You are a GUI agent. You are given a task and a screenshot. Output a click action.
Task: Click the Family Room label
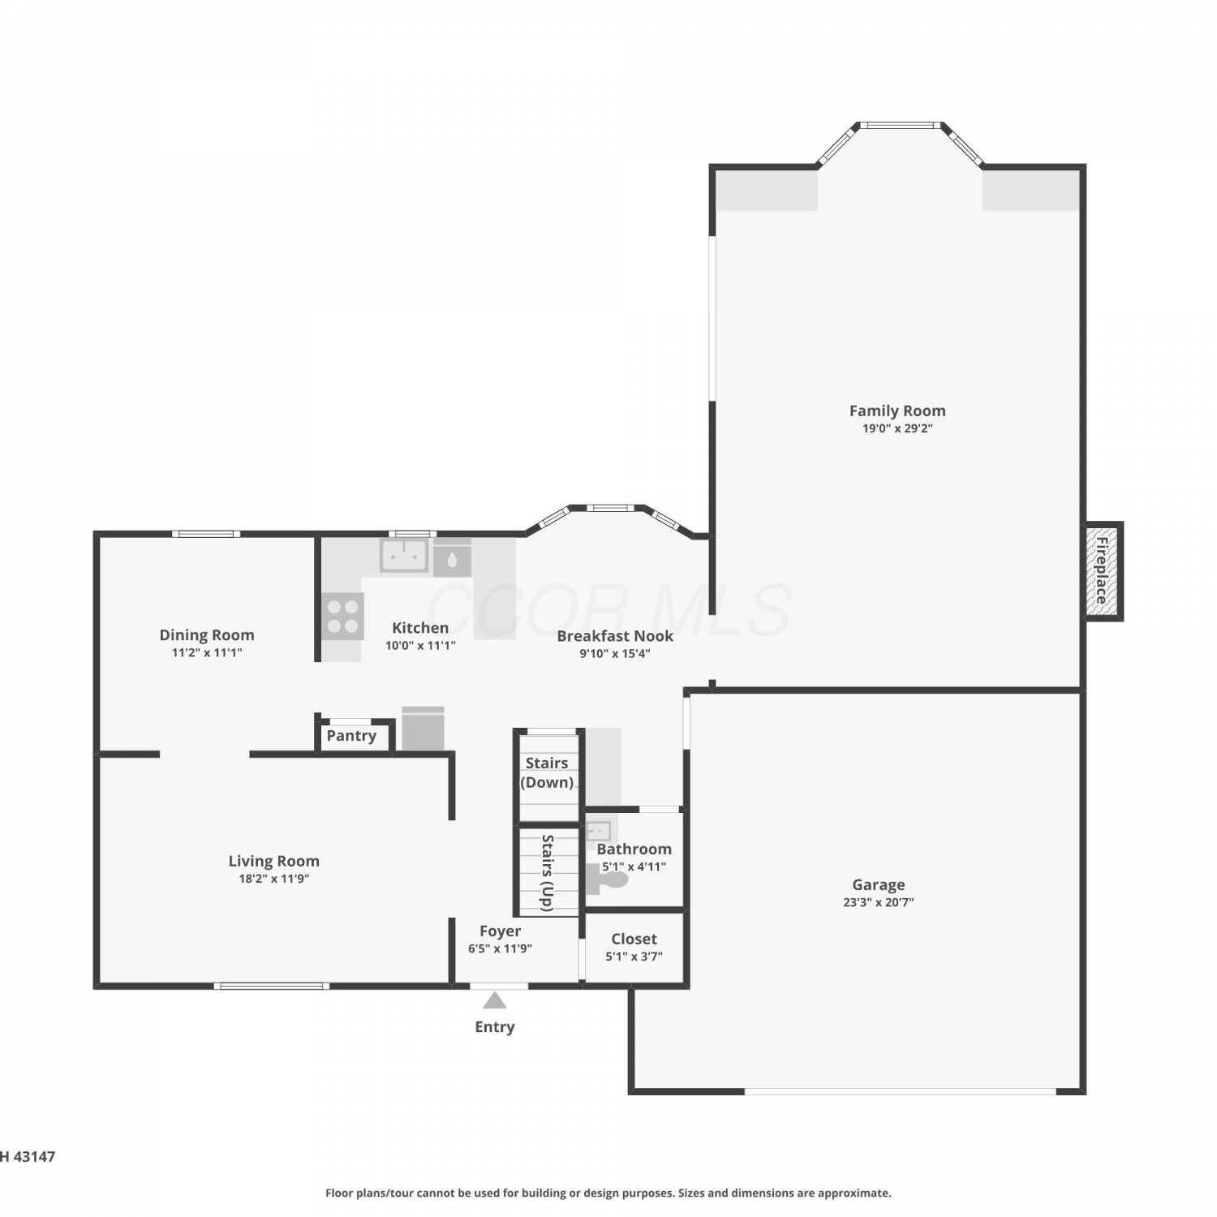[897, 411]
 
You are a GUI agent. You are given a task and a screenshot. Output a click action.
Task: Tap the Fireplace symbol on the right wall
[1103, 571]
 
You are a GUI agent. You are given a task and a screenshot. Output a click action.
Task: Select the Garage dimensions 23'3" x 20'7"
[878, 901]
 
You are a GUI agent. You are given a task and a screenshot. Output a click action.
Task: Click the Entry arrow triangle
[495, 1000]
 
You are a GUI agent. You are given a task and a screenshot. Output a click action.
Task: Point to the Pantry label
[351, 736]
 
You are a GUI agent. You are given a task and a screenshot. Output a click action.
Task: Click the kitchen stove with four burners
[342, 617]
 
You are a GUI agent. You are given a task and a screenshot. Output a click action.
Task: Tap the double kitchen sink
[404, 555]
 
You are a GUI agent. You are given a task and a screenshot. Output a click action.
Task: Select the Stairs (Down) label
[547, 772]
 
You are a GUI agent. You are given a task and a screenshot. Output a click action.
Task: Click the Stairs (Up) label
[548, 872]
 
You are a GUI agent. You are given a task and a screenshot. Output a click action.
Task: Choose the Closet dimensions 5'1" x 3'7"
[634, 956]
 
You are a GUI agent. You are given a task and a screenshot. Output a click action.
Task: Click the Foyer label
[500, 931]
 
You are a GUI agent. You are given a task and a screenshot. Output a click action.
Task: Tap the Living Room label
[273, 862]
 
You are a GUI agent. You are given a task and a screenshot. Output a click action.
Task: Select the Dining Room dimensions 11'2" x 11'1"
[207, 652]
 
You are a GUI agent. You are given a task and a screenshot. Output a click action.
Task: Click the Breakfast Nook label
[615, 636]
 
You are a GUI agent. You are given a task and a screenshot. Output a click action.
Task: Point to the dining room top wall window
[206, 534]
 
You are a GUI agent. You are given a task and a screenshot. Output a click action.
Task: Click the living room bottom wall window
[272, 987]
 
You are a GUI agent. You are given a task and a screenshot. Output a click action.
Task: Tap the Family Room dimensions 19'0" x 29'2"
[897, 428]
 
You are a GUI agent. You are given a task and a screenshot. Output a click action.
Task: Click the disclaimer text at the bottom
[608, 1193]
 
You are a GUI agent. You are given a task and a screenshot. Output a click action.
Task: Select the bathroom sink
[599, 832]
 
